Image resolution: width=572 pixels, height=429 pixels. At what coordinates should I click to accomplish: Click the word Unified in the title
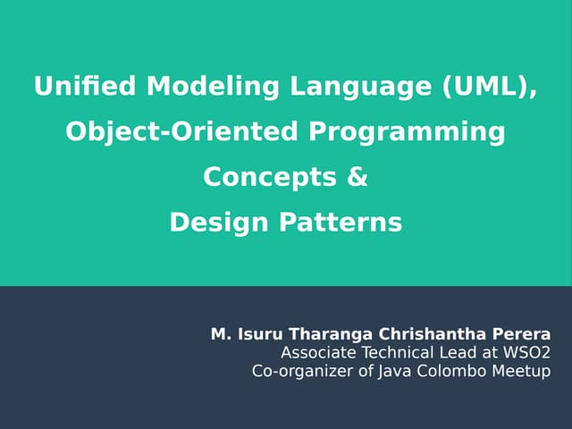(85, 88)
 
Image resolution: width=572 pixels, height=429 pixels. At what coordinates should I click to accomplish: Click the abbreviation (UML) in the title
(486, 88)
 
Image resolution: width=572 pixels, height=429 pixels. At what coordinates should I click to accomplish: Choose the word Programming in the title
(407, 132)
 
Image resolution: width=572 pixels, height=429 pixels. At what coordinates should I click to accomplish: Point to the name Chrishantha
(425, 335)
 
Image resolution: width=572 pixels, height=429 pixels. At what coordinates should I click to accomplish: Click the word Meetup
(522, 371)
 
